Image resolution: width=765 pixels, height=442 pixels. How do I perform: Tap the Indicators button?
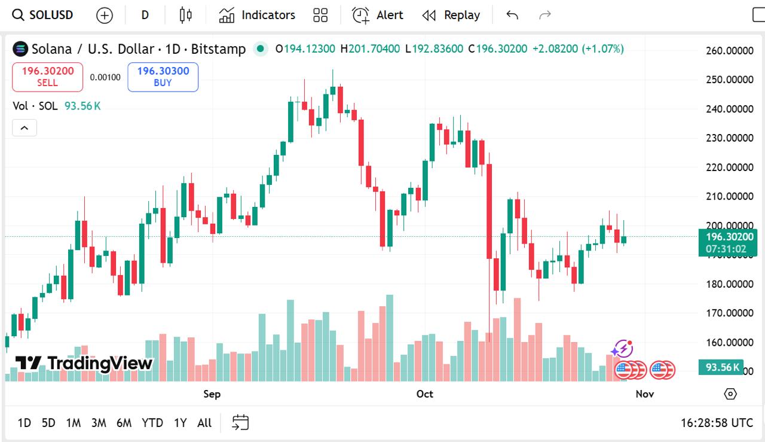click(257, 15)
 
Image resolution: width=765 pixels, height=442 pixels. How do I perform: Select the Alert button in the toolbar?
click(378, 15)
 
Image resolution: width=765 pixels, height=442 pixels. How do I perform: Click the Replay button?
click(451, 15)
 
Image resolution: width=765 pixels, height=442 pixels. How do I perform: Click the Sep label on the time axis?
click(212, 394)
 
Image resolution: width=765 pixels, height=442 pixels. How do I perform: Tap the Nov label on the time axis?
click(644, 394)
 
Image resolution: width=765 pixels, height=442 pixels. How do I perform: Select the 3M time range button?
click(99, 423)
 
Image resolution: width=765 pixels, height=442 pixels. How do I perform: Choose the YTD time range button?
click(152, 423)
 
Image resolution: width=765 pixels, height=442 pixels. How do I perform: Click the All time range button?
click(204, 423)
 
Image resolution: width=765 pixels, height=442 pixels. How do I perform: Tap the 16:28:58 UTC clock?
click(717, 423)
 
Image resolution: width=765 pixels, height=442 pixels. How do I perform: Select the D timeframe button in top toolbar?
click(145, 15)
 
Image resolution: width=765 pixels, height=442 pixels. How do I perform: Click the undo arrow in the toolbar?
click(512, 15)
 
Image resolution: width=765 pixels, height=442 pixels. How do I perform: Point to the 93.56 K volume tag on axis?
click(721, 367)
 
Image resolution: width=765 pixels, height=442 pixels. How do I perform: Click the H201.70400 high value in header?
click(370, 48)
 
